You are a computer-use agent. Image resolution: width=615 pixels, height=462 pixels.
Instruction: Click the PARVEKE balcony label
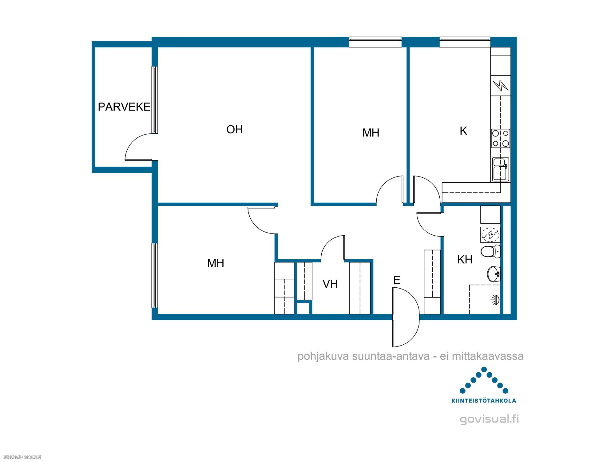(x=124, y=107)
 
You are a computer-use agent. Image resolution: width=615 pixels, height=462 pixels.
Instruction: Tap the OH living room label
(x=235, y=130)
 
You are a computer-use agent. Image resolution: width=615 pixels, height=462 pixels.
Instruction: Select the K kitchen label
(x=463, y=131)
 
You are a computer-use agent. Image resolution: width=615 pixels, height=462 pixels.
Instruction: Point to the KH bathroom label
(x=465, y=260)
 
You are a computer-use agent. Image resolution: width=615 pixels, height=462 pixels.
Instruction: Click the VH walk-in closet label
(x=330, y=284)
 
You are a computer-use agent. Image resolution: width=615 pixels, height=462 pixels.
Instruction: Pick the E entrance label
(x=397, y=280)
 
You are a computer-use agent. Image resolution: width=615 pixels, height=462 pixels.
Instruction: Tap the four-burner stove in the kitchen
(x=501, y=138)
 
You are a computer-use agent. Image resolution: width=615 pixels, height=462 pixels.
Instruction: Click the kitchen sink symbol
(x=501, y=169)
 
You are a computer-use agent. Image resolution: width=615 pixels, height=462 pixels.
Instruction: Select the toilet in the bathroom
(x=490, y=251)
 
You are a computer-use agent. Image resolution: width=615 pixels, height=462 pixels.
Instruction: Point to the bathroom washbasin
(x=494, y=274)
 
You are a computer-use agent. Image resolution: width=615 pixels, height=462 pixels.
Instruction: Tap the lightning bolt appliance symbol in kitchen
(x=501, y=85)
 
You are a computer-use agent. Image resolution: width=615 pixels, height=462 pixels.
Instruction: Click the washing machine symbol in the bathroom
(x=490, y=235)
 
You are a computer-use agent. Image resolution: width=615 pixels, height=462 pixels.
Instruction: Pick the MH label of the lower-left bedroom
(x=216, y=263)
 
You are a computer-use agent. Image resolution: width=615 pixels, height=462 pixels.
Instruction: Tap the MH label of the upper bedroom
(x=371, y=133)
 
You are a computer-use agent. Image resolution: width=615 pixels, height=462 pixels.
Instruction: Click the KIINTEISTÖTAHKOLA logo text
(x=484, y=401)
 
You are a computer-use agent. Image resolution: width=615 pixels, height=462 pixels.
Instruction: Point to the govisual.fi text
(x=489, y=419)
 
